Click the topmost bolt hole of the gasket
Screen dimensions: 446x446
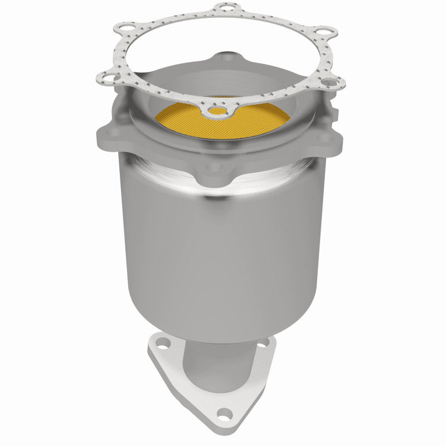225,7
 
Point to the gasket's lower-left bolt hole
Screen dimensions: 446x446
105,76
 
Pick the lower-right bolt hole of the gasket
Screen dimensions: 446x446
329,84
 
